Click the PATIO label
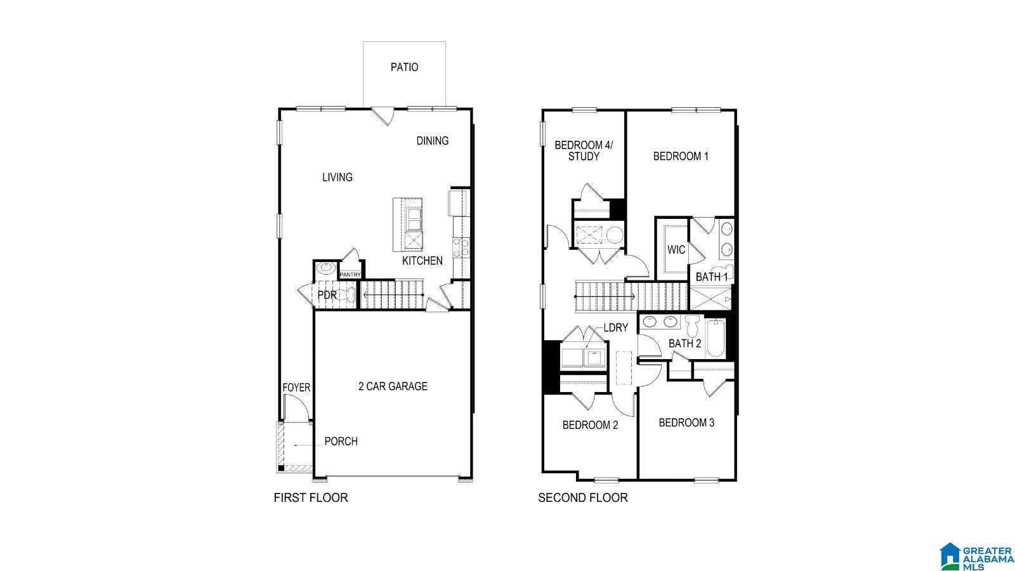click(x=404, y=67)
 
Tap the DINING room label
click(x=432, y=141)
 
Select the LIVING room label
click(x=337, y=178)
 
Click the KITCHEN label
click(x=422, y=261)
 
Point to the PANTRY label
click(x=350, y=275)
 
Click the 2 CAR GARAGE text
click(x=393, y=386)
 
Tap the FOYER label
click(x=296, y=388)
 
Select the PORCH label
click(x=341, y=442)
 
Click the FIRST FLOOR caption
click(x=310, y=498)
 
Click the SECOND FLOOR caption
click(x=582, y=498)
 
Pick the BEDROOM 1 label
click(x=681, y=156)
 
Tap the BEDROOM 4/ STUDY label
click(x=584, y=150)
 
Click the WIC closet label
click(x=676, y=250)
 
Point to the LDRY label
click(x=615, y=328)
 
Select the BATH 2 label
click(x=684, y=344)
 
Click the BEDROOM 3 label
click(x=686, y=423)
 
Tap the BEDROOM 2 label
click(x=590, y=425)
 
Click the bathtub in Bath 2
click(x=715, y=338)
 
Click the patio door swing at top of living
click(x=383, y=116)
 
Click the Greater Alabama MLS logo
click(x=976, y=555)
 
